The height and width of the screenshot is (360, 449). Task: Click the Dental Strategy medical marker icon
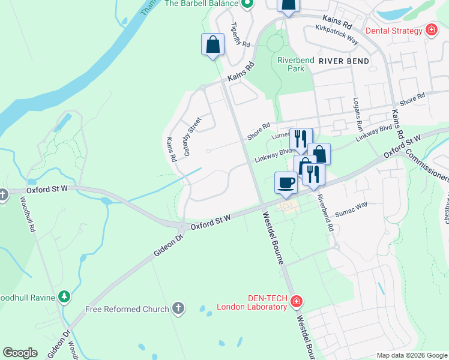point(430,31)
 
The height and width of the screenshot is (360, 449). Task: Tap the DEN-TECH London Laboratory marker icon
point(295,302)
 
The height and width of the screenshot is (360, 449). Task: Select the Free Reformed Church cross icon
point(177,309)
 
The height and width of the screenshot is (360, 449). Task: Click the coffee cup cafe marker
point(286,182)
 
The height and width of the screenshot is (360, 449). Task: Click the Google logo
point(20,353)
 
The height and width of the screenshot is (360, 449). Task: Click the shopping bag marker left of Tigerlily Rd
point(212,44)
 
